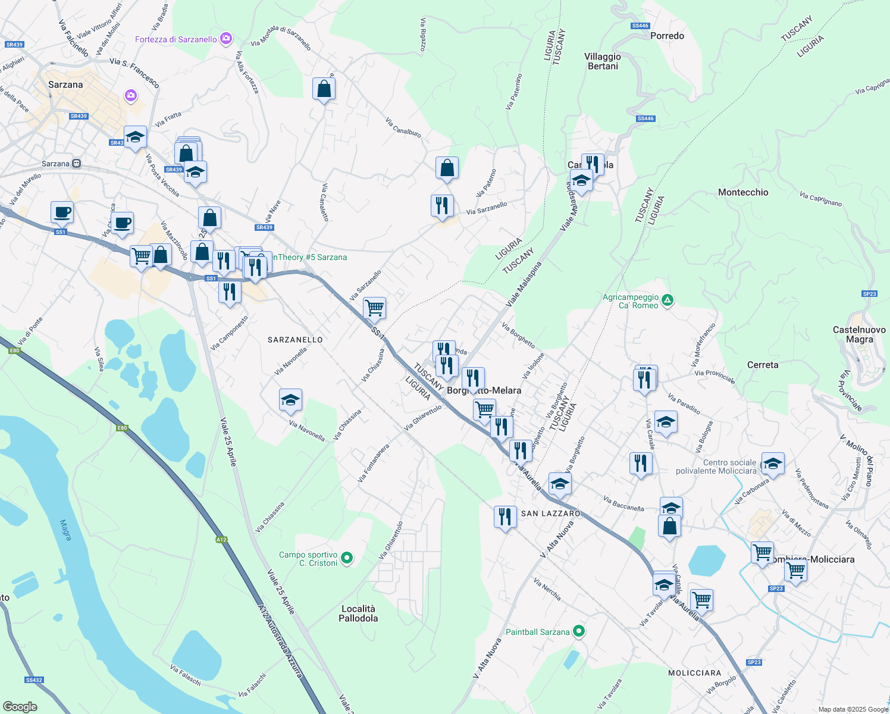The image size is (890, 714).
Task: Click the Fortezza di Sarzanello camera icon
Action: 226,39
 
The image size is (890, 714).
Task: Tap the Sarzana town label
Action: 65,84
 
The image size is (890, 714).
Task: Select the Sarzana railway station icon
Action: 76,164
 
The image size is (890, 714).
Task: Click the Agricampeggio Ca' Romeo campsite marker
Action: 667,300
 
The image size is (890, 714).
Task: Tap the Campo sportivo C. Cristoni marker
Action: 347,558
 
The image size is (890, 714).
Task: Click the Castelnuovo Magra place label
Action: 859,334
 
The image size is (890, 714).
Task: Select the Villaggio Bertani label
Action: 603,61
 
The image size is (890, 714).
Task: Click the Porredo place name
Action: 667,36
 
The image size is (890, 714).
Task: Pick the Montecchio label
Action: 743,192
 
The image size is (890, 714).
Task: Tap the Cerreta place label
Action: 762,365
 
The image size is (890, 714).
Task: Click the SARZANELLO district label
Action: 295,340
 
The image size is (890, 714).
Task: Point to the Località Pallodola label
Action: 358,613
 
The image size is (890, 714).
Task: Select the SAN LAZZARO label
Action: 550,513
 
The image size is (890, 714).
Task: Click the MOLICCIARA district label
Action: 694,673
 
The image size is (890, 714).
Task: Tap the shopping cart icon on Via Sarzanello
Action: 374,308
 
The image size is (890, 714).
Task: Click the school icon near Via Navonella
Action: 290,400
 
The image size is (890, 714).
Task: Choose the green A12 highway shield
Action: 221,540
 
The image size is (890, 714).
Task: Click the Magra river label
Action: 66,530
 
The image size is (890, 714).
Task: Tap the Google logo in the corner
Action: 20,706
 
